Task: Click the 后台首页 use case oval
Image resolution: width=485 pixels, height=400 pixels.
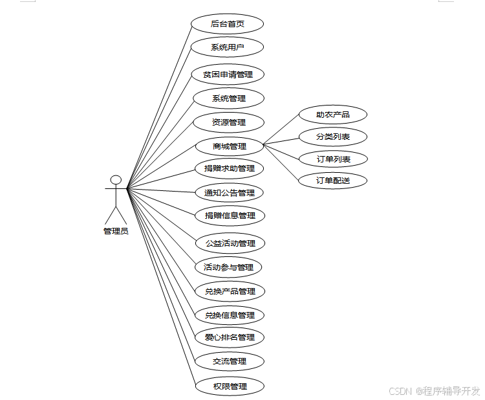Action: tap(228, 24)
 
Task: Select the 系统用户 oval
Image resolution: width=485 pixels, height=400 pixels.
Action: tap(228, 47)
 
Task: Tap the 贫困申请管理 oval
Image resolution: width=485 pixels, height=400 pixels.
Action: tap(228, 74)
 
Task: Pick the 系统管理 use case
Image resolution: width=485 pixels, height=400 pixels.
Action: tap(229, 98)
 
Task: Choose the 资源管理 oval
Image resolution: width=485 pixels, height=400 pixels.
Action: tap(229, 122)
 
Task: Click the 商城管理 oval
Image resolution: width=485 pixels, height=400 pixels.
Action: tap(230, 146)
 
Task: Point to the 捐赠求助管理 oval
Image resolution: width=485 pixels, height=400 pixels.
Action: tap(230, 169)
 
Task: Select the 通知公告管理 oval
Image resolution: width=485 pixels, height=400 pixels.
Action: tap(230, 192)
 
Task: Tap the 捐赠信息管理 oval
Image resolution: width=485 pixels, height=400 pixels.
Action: tap(230, 216)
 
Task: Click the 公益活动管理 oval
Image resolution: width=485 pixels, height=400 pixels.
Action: tap(230, 243)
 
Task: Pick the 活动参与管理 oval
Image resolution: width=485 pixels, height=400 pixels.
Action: tap(228, 267)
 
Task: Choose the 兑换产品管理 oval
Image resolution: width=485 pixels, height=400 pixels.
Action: tap(230, 291)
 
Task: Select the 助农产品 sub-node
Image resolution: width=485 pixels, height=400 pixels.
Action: tap(333, 115)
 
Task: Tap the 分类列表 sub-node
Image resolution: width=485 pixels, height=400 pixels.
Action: tap(333, 137)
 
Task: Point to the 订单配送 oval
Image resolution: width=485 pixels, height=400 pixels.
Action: tap(333, 181)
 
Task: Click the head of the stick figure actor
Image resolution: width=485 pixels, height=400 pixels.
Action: tap(116, 179)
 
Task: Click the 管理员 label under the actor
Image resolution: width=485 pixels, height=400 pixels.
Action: tap(116, 231)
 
